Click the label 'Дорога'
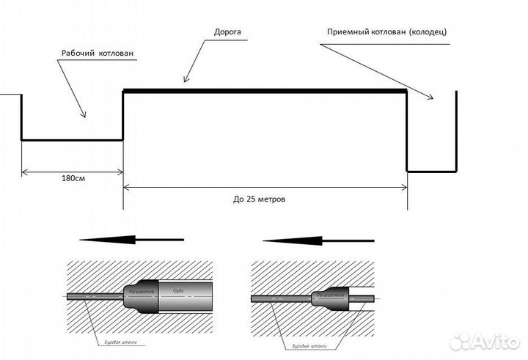coord(227,33)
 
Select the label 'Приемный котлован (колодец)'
coord(386,32)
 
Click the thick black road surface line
coord(264,91)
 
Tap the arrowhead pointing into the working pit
coord(84,114)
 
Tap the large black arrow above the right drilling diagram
coord(317,240)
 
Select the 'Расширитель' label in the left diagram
coord(142,290)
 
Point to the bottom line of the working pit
coord(72,139)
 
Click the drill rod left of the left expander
coord(92,298)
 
